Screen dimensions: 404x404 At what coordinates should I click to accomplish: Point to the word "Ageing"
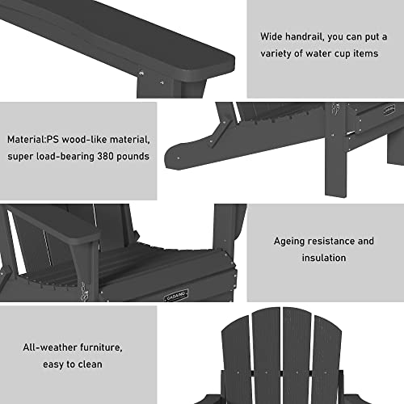[291, 241]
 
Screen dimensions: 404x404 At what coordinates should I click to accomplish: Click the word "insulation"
[323, 259]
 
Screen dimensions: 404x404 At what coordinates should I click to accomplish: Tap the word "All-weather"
[50, 347]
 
